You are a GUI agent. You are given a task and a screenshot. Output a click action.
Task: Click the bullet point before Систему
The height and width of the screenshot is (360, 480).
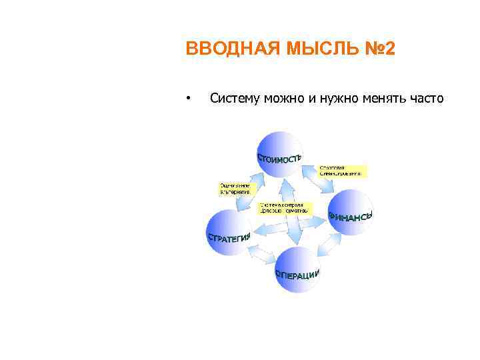(189, 100)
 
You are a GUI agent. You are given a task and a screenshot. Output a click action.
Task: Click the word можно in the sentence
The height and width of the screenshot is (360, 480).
(283, 99)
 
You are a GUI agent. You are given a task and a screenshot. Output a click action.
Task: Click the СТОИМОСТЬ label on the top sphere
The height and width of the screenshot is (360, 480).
(279, 158)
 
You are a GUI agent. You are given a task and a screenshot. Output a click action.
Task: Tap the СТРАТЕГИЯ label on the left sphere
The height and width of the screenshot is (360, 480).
(229, 237)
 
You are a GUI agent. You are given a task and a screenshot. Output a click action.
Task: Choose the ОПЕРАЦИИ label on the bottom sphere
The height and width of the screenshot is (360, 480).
(297, 274)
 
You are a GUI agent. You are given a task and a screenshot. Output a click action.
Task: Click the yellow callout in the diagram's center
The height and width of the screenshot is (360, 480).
(283, 207)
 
